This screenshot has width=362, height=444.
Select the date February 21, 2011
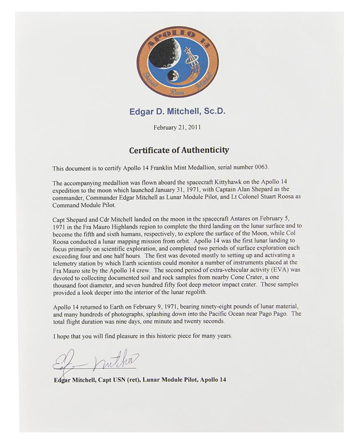pyautogui.click(x=177, y=127)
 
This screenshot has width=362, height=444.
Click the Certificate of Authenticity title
pyautogui.click(x=179, y=150)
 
